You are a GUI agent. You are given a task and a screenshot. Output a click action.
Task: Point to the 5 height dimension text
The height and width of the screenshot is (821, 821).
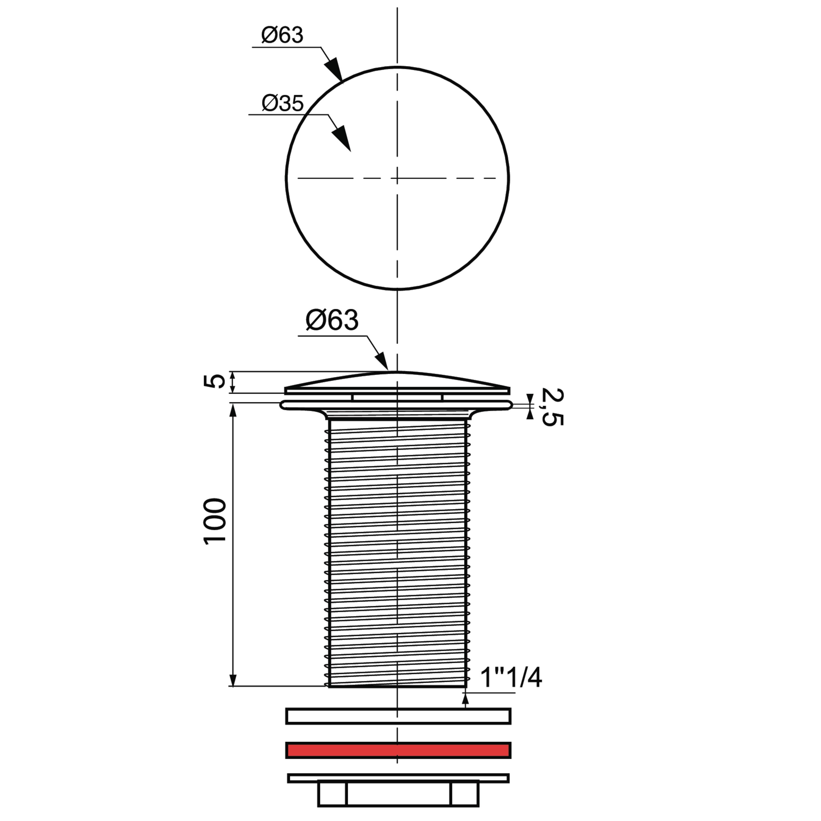pos(216,381)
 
